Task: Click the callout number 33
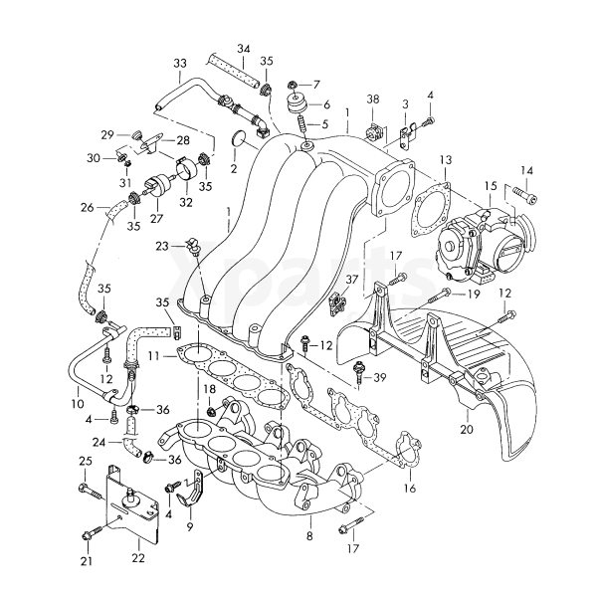[179, 65]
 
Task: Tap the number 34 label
[244, 48]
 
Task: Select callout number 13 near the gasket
[445, 159]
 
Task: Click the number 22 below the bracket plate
[138, 557]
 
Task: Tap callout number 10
[78, 405]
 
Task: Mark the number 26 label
[87, 208]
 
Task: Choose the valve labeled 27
[157, 186]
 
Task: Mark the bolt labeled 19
[443, 296]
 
